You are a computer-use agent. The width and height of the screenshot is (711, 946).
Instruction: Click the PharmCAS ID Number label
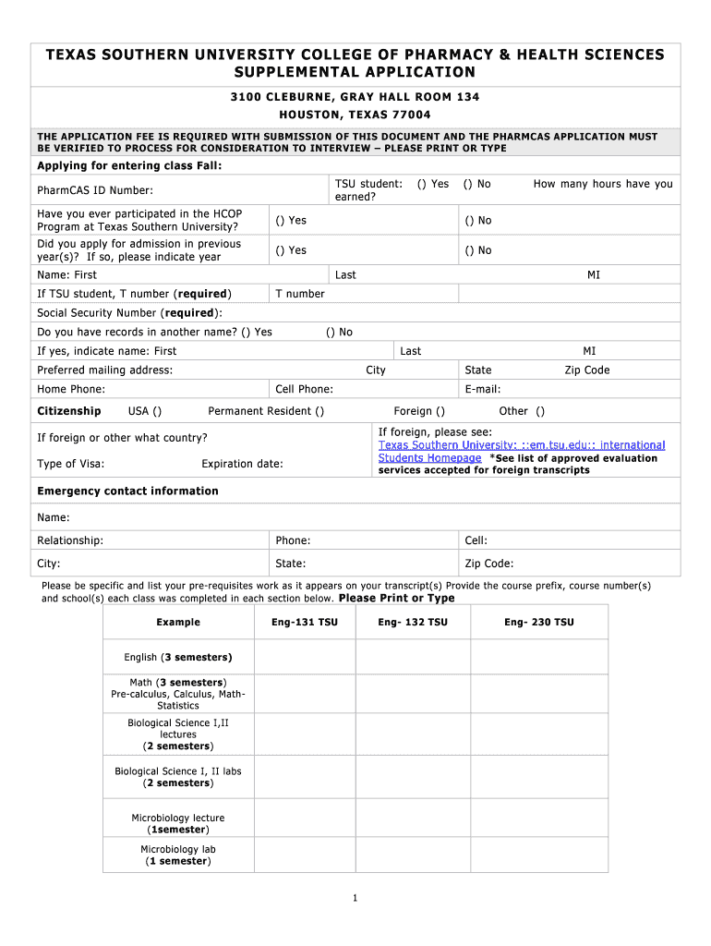coord(95,190)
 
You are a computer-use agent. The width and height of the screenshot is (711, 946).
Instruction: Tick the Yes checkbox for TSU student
coord(422,184)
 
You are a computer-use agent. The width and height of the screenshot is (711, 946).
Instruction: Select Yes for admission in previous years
coord(278,250)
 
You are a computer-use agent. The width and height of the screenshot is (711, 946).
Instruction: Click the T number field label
coord(300,294)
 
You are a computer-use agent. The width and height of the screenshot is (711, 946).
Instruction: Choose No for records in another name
coord(330,332)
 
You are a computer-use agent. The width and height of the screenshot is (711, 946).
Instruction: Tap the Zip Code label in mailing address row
coord(587,370)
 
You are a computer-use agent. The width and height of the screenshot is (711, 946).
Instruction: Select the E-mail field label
coord(483,390)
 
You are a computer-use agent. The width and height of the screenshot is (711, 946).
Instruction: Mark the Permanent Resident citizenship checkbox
coord(319,411)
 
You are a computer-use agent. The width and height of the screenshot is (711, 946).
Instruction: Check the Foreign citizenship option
coord(440,411)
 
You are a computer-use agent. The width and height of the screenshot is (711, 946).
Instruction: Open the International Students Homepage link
coord(429,457)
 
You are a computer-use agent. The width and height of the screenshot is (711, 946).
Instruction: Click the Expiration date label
coord(242,464)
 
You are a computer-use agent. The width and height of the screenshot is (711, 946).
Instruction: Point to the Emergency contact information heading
coord(127,491)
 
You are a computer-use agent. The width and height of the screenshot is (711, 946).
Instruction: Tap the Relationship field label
coord(70,540)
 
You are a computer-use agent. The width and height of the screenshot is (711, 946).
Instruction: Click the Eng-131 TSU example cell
coord(305,623)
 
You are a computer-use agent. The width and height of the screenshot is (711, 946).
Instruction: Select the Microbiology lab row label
coord(178,855)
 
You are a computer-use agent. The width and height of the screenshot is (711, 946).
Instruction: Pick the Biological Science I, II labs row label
coord(178,777)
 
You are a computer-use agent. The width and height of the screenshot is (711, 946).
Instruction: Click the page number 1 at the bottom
coord(355,898)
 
